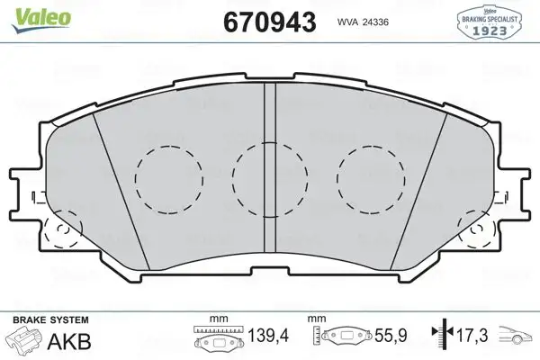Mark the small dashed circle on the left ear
[62, 233]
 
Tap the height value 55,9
[390, 336]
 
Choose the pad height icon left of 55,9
[341, 338]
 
